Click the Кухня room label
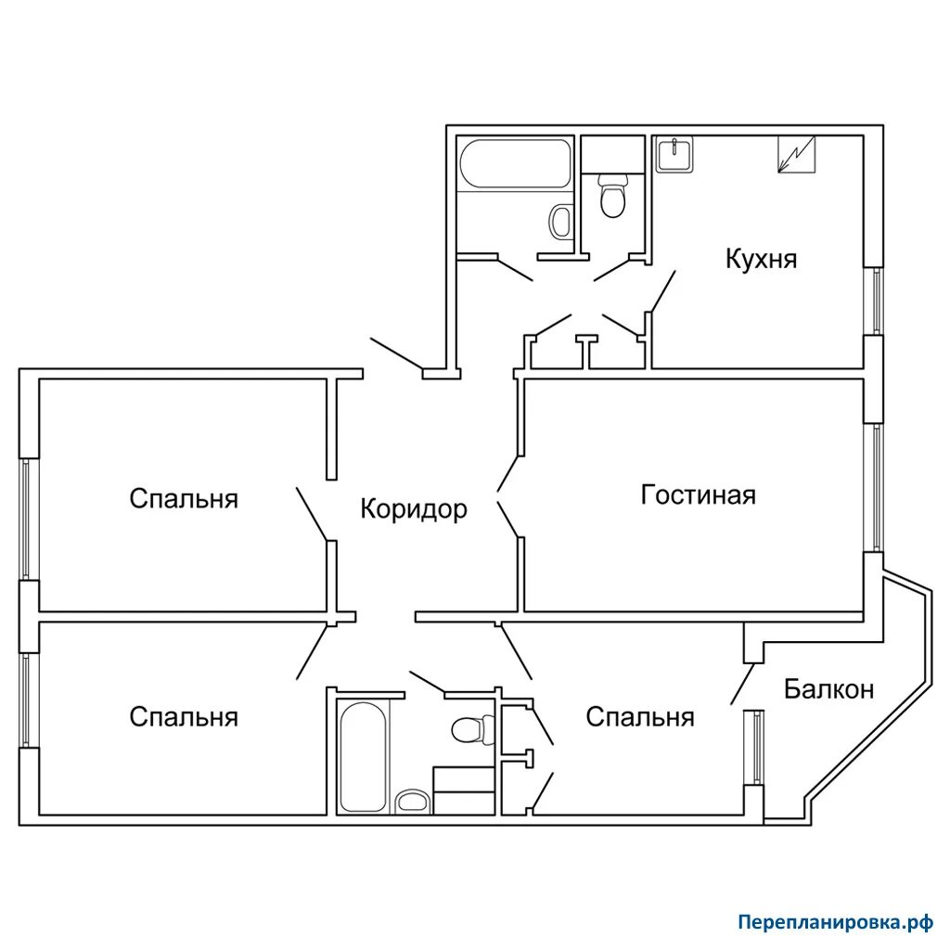pyautogui.click(x=761, y=260)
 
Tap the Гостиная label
pyautogui.click(x=698, y=495)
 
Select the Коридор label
pyautogui.click(x=414, y=509)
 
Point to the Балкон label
pyautogui.click(x=828, y=689)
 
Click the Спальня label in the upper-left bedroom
pyautogui.click(x=184, y=498)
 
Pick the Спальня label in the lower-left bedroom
pyautogui.click(x=184, y=717)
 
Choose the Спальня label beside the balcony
pyautogui.click(x=640, y=717)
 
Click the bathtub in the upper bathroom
pyautogui.click(x=515, y=163)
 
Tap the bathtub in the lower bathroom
pyautogui.click(x=363, y=756)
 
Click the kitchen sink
pyautogui.click(x=674, y=155)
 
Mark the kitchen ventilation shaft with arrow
pyautogui.click(x=797, y=155)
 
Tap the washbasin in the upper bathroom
pyautogui.click(x=560, y=222)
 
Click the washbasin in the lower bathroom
pyautogui.click(x=412, y=802)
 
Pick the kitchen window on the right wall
pyautogui.click(x=877, y=301)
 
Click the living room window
pyautogui.click(x=877, y=487)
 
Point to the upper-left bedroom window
pyautogui.click(x=25, y=519)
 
